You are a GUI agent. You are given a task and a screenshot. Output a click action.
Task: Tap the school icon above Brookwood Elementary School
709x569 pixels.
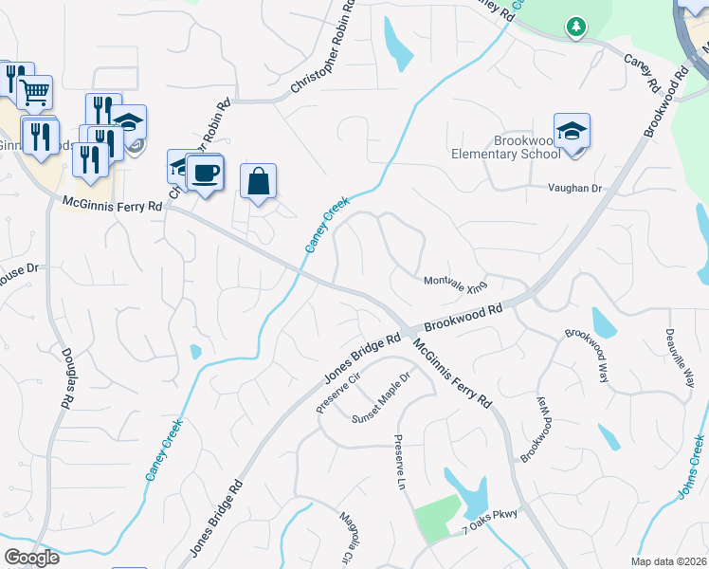tap(572, 132)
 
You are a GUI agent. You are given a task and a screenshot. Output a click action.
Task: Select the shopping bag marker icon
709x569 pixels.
tap(258, 180)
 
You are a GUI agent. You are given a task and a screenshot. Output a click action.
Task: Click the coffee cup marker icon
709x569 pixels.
tap(205, 172)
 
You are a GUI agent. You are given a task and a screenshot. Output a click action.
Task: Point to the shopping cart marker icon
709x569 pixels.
tap(34, 93)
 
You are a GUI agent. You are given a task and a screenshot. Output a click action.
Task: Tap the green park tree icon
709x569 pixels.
tap(575, 27)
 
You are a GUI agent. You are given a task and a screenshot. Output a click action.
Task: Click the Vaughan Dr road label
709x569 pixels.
tap(575, 189)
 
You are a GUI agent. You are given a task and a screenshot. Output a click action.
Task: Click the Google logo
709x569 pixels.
tap(31, 557)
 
